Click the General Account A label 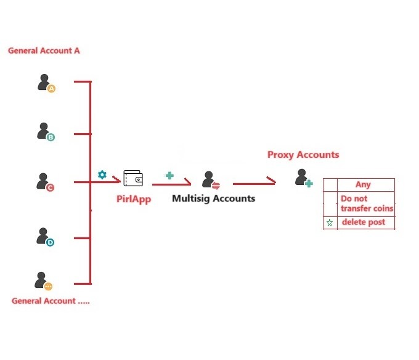(x=44, y=51)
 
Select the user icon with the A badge (x=46, y=83)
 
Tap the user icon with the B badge (x=46, y=132)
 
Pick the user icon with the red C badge (x=45, y=182)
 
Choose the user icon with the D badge (x=45, y=237)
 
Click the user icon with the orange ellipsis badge (x=43, y=281)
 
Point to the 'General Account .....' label (x=51, y=301)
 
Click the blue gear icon (x=102, y=174)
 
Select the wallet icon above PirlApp (x=133, y=178)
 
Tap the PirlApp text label (x=134, y=199)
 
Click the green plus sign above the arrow (x=169, y=176)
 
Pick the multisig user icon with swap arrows (x=211, y=180)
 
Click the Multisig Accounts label (x=214, y=198)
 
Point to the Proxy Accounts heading (x=303, y=155)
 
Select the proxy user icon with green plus (x=304, y=178)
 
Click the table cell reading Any (x=366, y=185)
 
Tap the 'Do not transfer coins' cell (x=366, y=203)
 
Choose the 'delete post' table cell (x=366, y=223)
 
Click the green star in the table (x=330, y=223)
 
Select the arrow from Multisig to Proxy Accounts (x=254, y=183)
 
